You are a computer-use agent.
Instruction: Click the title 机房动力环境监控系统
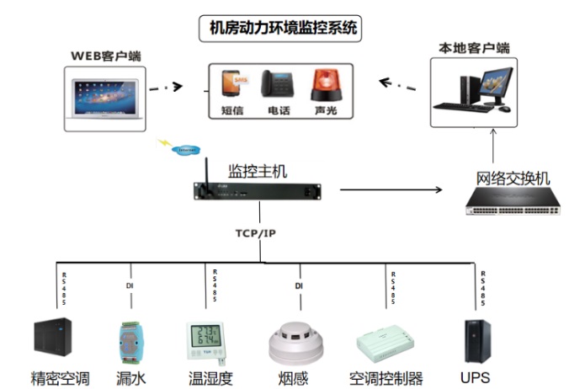[x=284, y=29]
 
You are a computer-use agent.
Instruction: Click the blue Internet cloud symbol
[x=186, y=150]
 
